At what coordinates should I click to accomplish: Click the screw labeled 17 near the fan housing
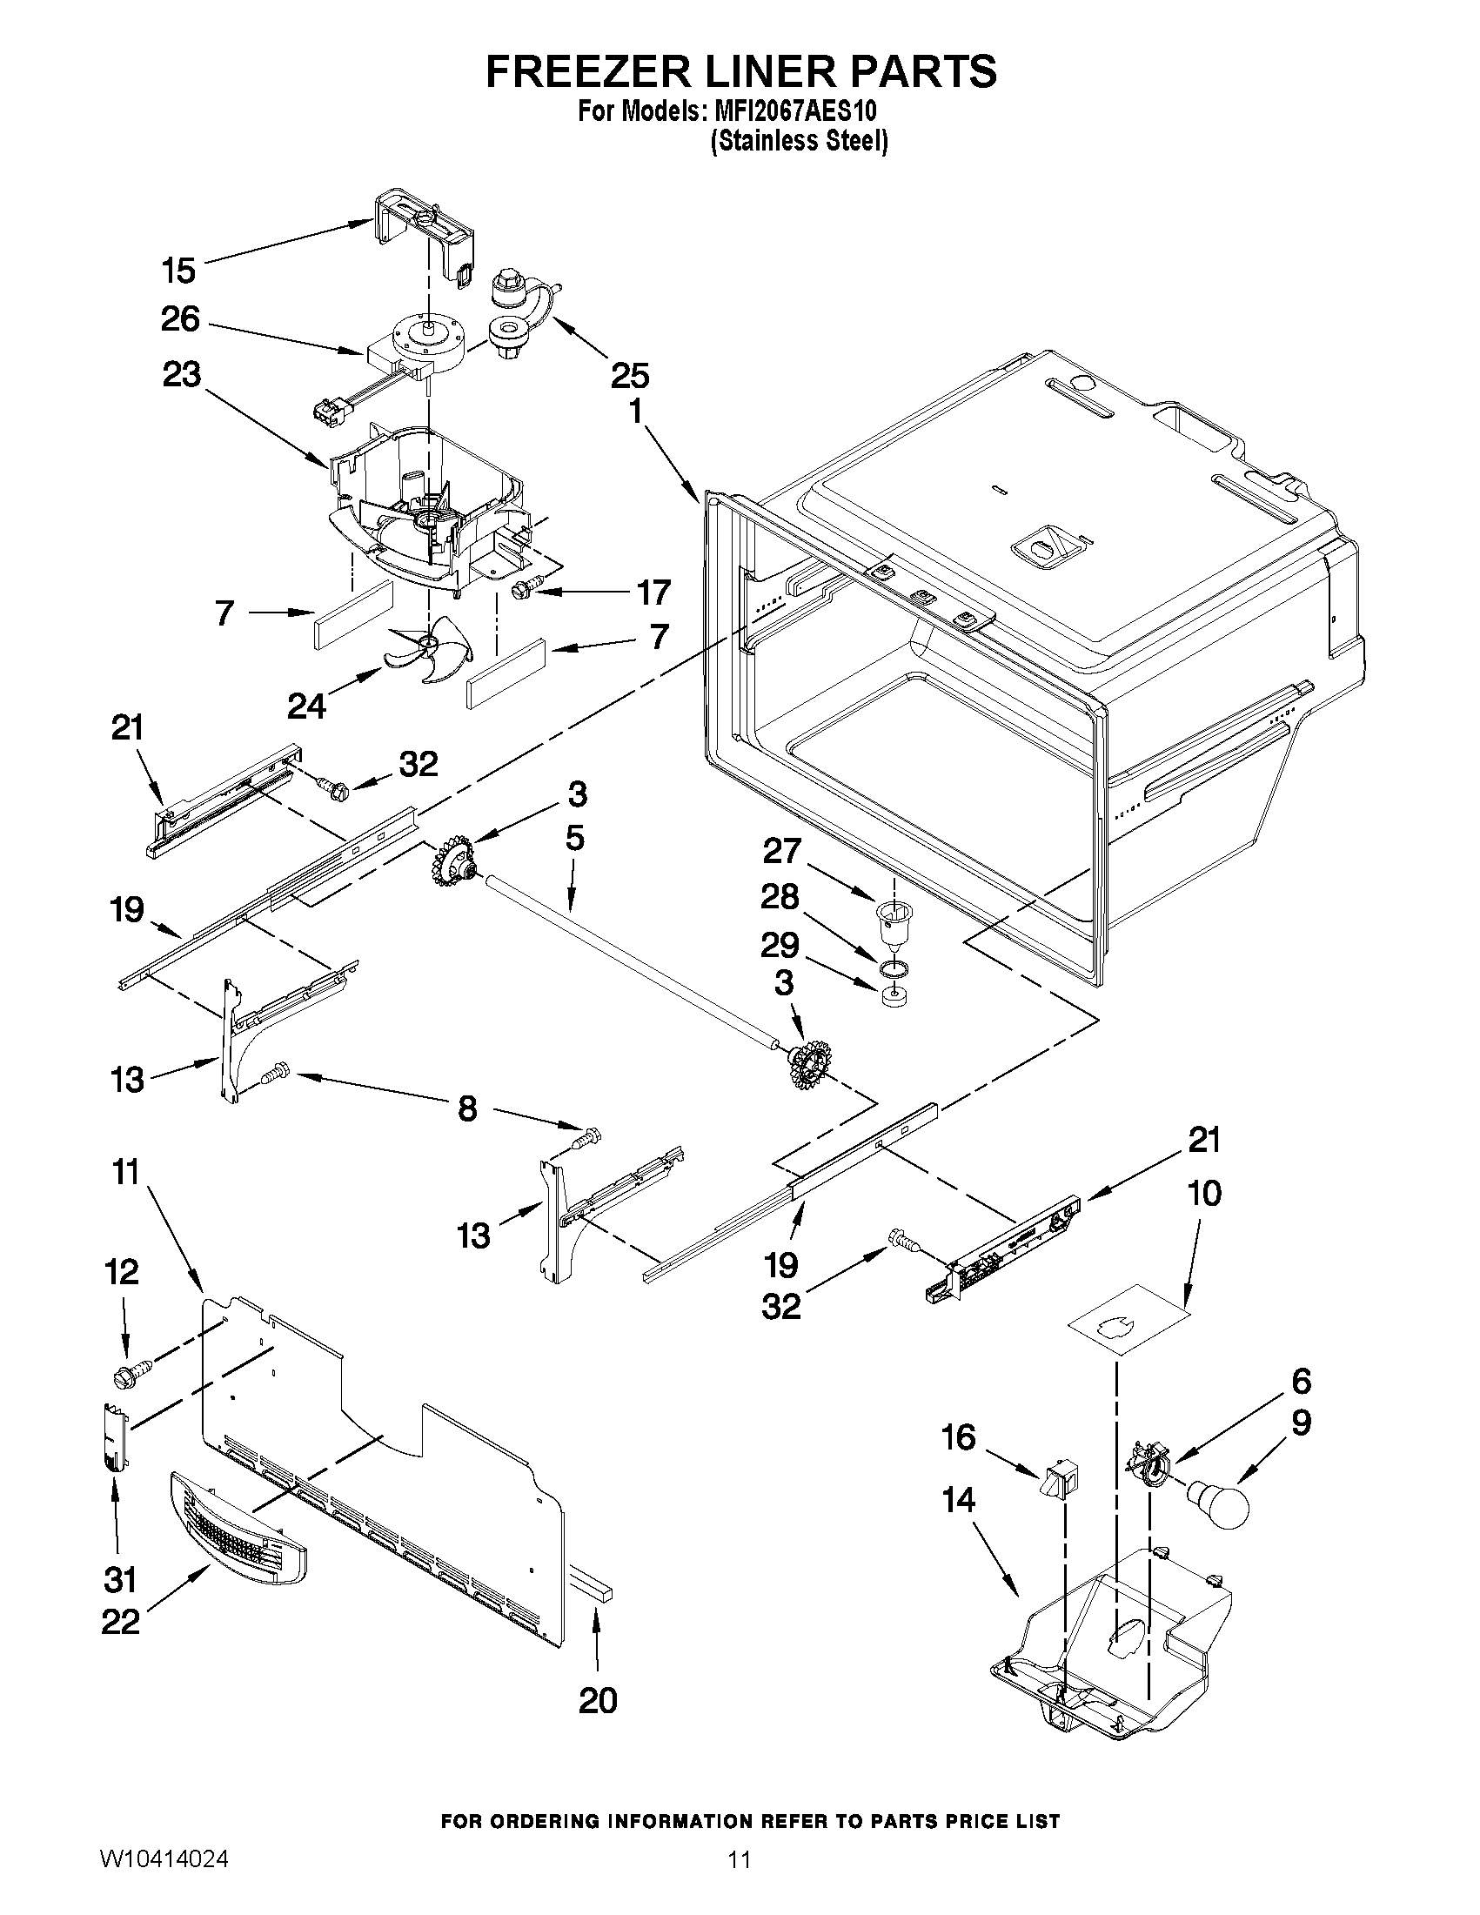click(x=524, y=593)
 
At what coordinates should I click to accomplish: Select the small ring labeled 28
click(x=892, y=968)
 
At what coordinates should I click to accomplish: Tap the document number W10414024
click(x=164, y=1883)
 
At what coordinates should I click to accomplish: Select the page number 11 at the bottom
click(x=739, y=1883)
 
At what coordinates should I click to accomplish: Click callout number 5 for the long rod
click(x=574, y=838)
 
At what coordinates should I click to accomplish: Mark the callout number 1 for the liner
click(x=634, y=411)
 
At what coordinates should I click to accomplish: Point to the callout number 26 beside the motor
click(x=180, y=319)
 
